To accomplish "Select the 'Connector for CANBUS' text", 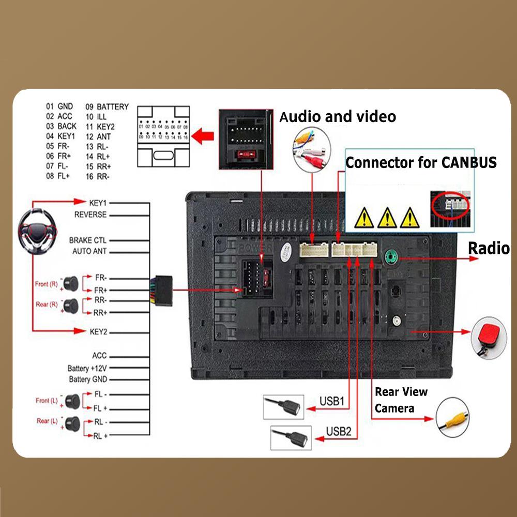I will coord(421,163).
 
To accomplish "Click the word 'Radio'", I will coord(489,248).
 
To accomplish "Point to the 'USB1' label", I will coord(331,401).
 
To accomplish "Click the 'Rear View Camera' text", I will coord(401,400).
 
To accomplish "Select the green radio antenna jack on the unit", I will coord(391,255).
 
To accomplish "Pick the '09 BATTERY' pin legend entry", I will coord(107,107).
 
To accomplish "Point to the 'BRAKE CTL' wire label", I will coord(88,240).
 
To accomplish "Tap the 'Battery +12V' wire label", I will coord(87,369).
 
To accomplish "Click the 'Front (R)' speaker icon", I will coord(70,283).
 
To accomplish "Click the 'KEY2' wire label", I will coord(98,331).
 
